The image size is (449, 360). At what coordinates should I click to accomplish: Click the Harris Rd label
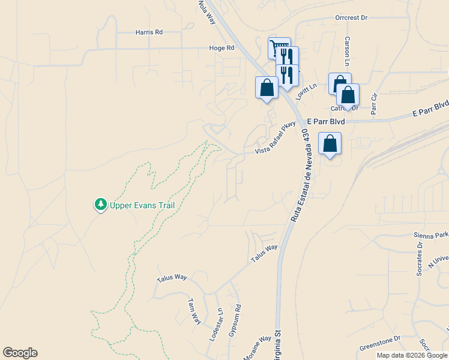pos(149,32)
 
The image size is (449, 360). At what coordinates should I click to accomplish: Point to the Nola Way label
pos(206,11)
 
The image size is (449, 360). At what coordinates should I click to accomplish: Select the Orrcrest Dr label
pos(351,18)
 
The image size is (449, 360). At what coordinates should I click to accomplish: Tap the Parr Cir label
pos(374,104)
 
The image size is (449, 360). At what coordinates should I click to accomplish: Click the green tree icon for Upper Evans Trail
pos(100,205)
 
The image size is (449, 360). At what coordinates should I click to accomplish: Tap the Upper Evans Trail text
pos(142,205)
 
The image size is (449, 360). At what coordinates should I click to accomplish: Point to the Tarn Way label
pos(193,311)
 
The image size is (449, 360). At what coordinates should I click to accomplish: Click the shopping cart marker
pos(279,47)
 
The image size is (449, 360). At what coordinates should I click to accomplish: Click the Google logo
pos(20,353)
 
